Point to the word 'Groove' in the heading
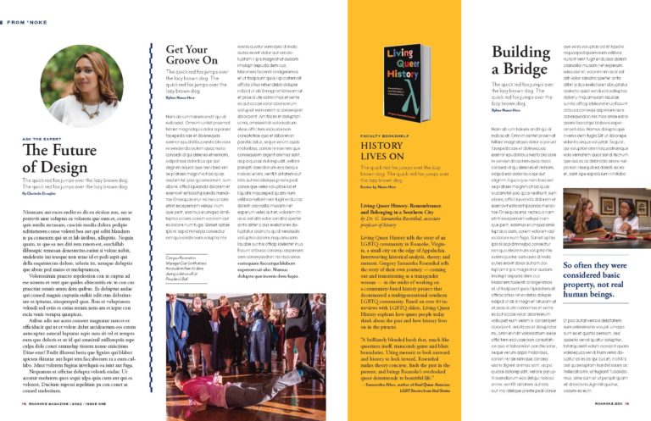[186, 63]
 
